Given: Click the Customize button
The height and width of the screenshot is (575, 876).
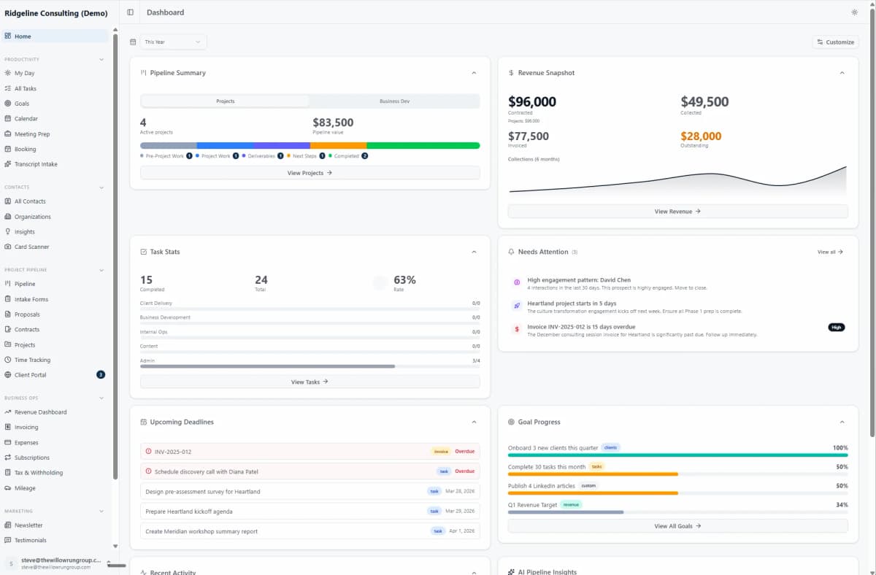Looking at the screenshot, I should click(835, 42).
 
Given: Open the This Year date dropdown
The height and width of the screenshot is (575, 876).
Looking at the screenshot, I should click(173, 42).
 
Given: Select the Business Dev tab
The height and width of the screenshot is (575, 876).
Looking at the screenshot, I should click(394, 101).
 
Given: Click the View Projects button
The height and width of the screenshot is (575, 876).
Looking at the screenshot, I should click(310, 173).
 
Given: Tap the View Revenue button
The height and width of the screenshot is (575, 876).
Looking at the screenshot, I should click(677, 212).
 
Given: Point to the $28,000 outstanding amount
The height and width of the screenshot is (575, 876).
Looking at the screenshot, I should click(701, 136).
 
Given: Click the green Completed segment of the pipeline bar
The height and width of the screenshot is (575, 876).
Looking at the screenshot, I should click(423, 145).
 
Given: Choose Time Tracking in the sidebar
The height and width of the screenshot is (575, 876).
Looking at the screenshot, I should click(32, 360).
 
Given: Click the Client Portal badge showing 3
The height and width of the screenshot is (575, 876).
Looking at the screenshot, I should click(101, 375).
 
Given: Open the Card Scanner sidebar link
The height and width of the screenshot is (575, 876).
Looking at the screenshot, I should click(31, 247).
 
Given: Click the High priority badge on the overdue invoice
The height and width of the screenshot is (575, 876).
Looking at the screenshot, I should click(836, 327).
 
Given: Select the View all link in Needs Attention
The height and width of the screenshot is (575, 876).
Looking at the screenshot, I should click(830, 252).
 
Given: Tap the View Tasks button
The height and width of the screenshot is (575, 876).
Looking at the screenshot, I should click(310, 382).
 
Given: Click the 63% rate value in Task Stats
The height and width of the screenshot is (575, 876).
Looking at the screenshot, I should click(404, 280).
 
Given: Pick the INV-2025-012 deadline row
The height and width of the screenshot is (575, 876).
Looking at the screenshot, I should click(292, 452).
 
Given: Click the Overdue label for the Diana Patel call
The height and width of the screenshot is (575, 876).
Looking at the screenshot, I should click(464, 471).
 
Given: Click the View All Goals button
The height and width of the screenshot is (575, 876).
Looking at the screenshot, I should click(677, 526).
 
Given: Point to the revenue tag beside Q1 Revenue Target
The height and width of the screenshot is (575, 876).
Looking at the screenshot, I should click(571, 504).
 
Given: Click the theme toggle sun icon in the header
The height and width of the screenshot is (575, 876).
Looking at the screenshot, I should click(854, 12).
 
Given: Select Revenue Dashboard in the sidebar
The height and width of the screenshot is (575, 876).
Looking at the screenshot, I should click(40, 412).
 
